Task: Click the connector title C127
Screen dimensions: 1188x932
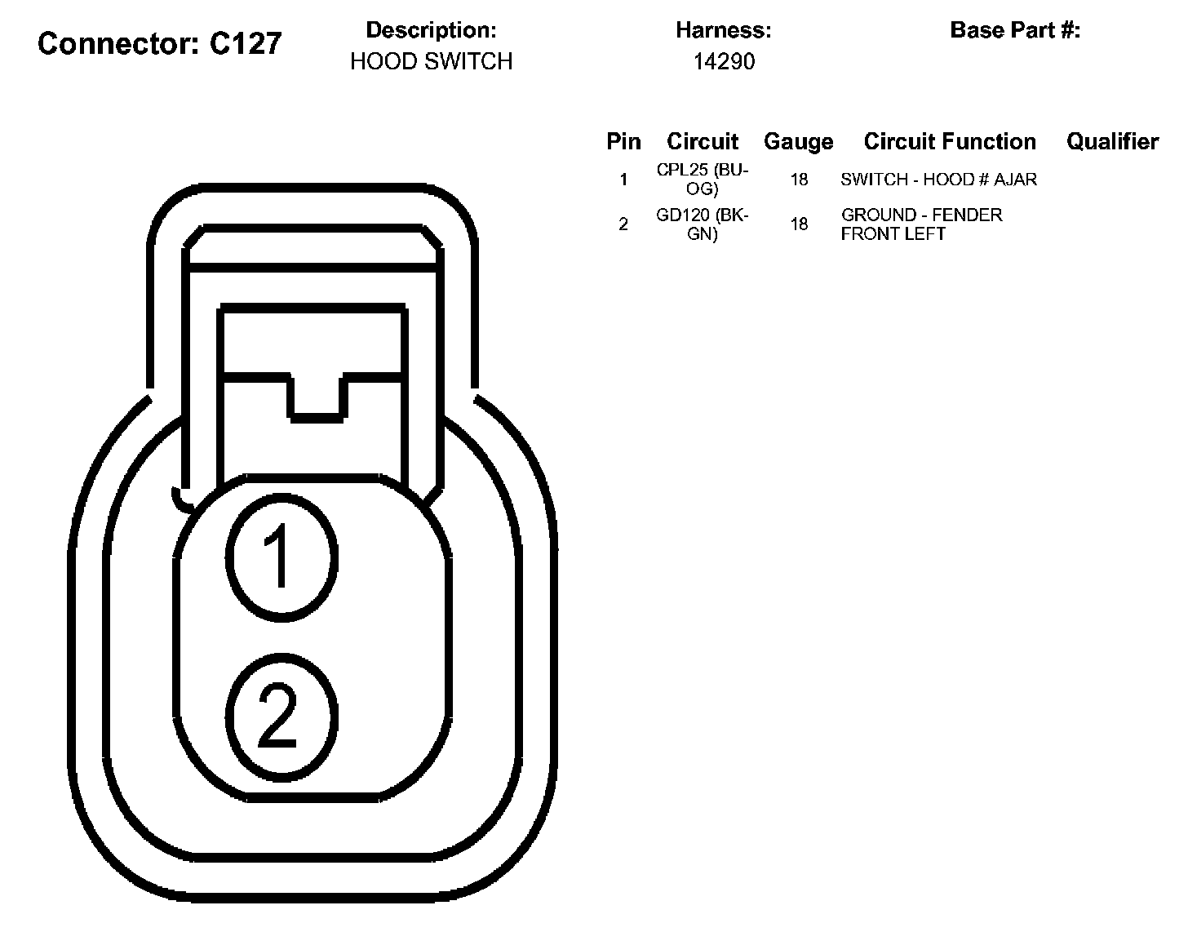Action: [159, 43]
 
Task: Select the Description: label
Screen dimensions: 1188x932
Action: [431, 30]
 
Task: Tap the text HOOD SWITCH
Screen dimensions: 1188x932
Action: [431, 61]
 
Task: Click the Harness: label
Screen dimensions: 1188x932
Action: [723, 30]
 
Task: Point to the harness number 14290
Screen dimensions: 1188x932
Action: [724, 61]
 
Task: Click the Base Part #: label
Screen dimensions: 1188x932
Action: [1015, 30]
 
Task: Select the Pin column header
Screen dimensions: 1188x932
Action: [623, 141]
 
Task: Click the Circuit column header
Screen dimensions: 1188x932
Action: [703, 141]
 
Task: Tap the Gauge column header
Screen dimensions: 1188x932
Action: [798, 141]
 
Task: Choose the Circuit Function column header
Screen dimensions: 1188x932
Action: [950, 141]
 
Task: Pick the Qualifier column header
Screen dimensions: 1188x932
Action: [1112, 141]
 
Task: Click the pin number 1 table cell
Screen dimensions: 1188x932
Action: [623, 180]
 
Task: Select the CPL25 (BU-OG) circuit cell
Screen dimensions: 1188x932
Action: [703, 180]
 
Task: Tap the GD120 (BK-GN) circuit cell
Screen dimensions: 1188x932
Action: [703, 224]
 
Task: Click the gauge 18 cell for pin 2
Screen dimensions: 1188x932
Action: [799, 224]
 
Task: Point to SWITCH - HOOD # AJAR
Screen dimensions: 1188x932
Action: [938, 180]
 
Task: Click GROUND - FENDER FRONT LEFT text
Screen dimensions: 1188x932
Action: [921, 224]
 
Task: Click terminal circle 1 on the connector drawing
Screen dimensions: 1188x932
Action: [281, 556]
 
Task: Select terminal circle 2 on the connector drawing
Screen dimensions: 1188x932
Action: [281, 716]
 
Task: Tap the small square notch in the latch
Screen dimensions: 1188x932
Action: [317, 397]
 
